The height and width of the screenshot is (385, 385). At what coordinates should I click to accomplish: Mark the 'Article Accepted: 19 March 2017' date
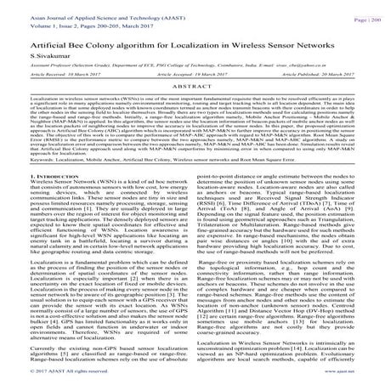[x=192, y=75]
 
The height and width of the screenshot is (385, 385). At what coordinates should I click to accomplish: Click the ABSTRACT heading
[x=192, y=88]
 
